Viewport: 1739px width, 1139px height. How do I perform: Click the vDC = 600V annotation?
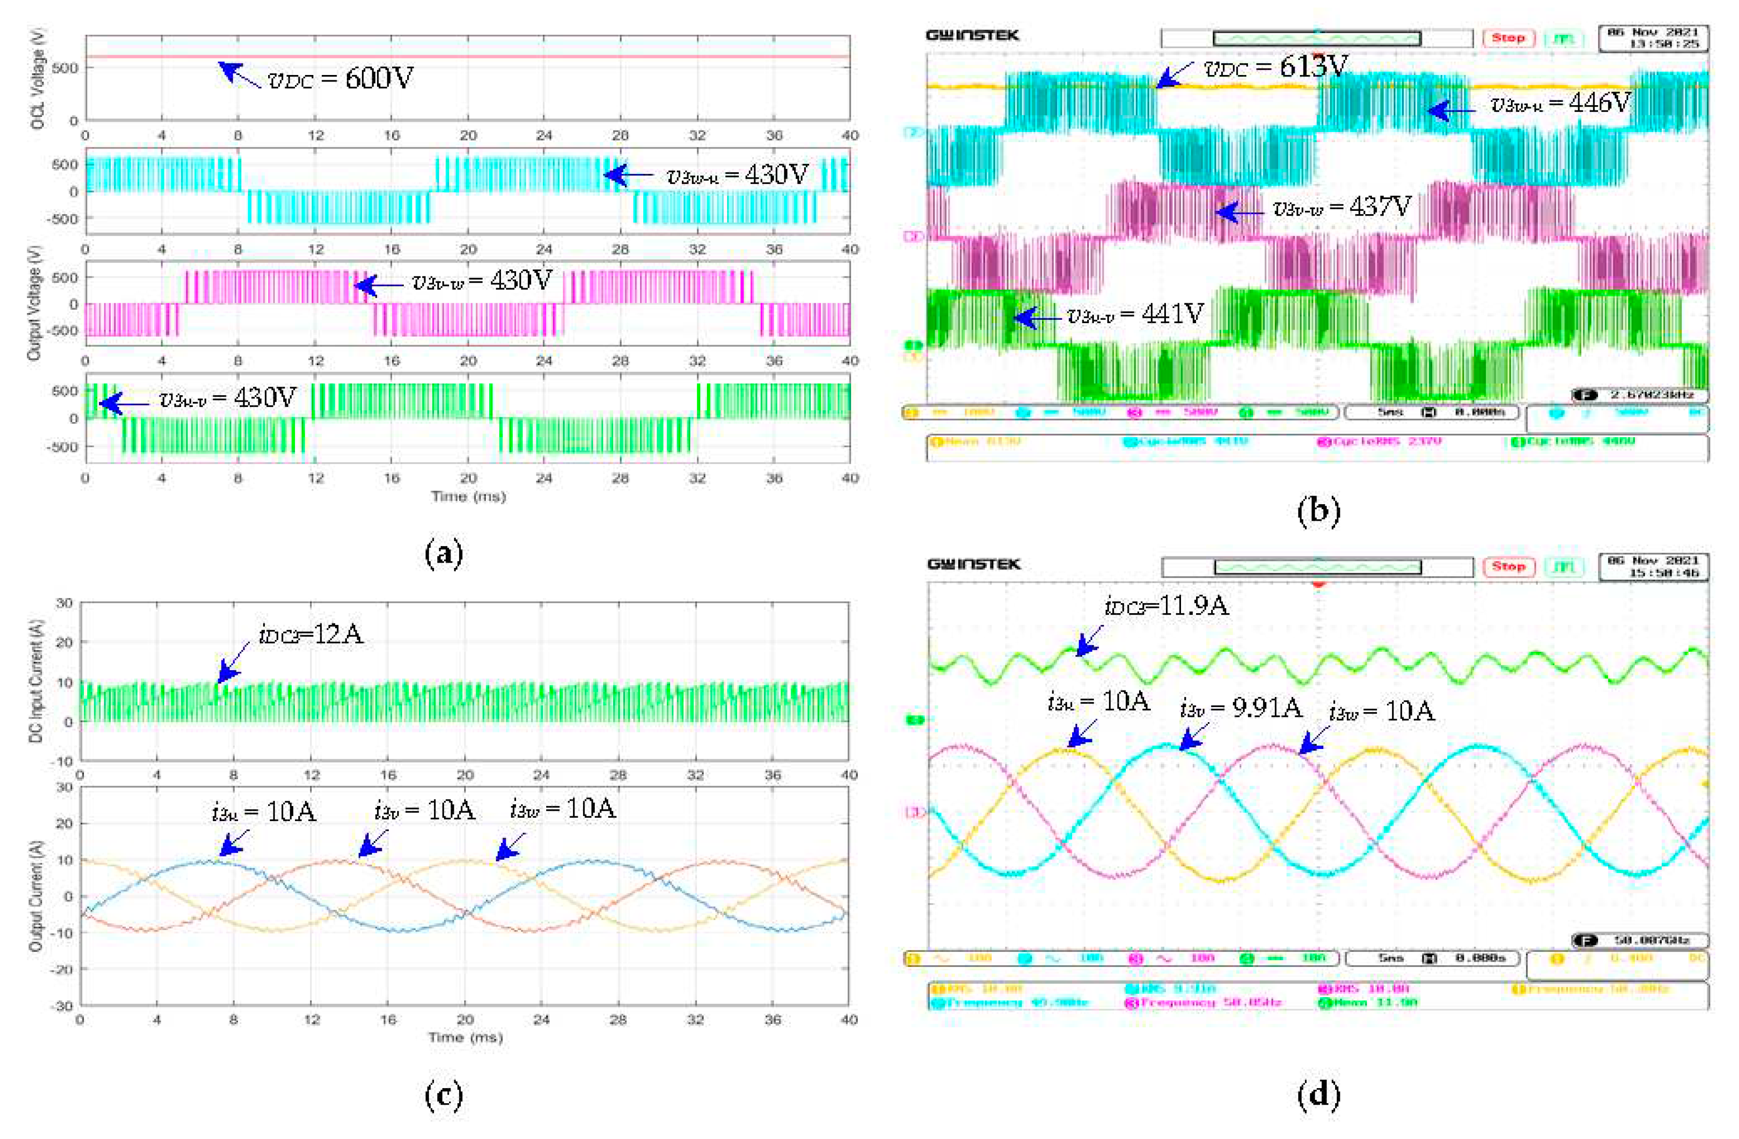point(340,77)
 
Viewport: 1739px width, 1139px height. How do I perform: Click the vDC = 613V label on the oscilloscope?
point(1274,68)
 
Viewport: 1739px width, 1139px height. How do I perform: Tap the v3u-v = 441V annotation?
point(1135,315)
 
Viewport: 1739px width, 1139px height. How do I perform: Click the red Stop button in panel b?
point(1508,38)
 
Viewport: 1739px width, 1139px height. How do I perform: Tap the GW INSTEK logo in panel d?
point(973,565)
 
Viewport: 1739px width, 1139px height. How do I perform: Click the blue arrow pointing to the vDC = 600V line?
point(238,75)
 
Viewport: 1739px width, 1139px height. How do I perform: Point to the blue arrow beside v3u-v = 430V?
point(123,403)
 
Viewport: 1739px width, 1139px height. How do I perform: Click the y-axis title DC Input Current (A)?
point(37,682)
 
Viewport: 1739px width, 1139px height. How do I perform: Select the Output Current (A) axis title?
point(35,896)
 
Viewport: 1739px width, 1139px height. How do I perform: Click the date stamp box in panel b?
point(1653,38)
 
